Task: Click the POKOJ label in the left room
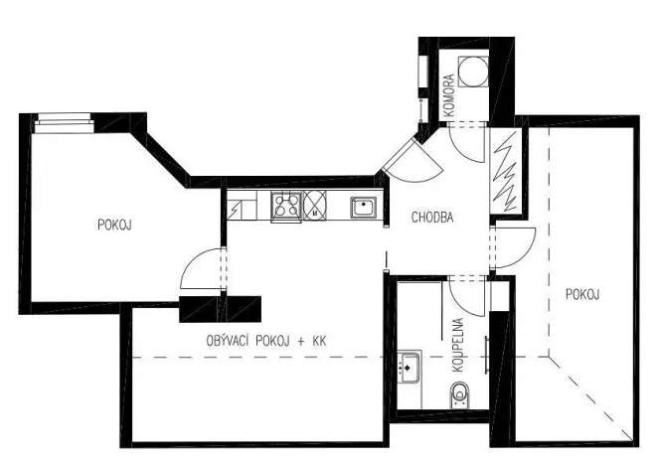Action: [x=114, y=225]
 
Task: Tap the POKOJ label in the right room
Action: [x=582, y=294]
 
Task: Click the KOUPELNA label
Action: [x=459, y=344]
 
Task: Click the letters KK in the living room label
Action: [x=319, y=341]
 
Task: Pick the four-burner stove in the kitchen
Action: [x=286, y=207]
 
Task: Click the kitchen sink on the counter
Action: [x=363, y=207]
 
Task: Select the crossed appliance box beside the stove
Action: [x=315, y=206]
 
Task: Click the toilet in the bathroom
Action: [x=459, y=398]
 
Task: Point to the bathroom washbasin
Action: [x=408, y=367]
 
